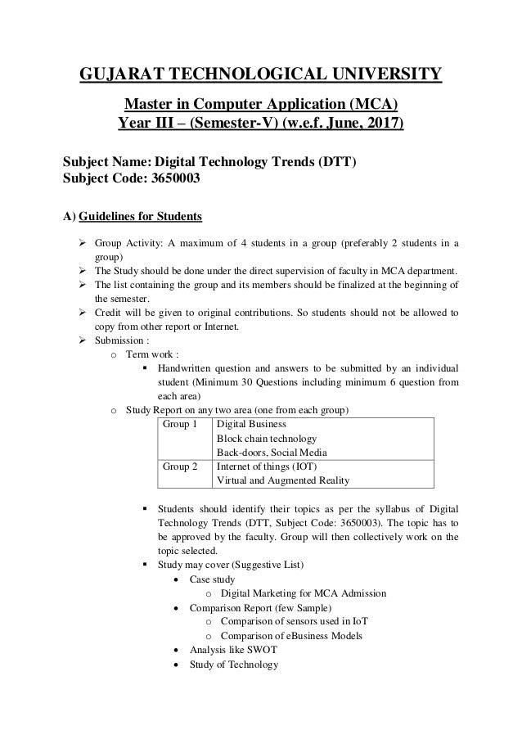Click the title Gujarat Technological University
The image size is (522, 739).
pyautogui.click(x=261, y=76)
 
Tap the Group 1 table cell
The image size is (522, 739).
pyautogui.click(x=181, y=425)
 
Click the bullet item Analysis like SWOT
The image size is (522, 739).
pyautogui.click(x=233, y=650)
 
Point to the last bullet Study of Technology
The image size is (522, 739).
pyautogui.click(x=234, y=664)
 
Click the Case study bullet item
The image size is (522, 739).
pyautogui.click(x=212, y=579)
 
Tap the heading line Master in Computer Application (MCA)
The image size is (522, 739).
pyautogui.click(x=261, y=106)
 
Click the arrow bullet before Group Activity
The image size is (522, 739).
pyautogui.click(x=83, y=244)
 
